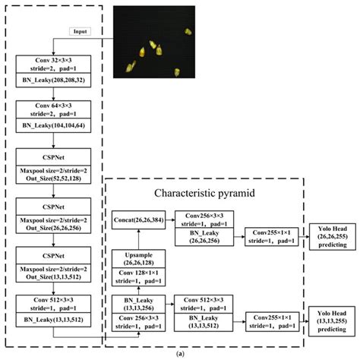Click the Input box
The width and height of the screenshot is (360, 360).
coord(81,31)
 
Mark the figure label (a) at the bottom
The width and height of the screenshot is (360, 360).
coord(178,354)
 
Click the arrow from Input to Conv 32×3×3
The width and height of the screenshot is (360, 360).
coord(61,43)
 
